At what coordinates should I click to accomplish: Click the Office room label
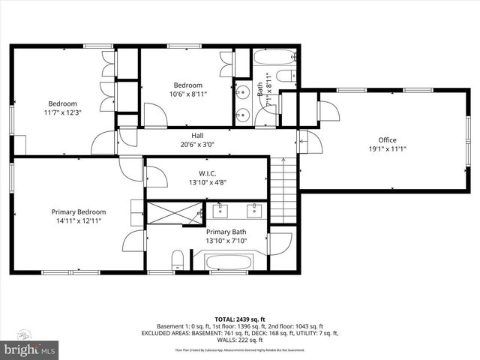387,139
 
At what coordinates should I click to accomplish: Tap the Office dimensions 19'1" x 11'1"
387,149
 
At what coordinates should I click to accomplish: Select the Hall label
197,136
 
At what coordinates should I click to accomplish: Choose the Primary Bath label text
226,232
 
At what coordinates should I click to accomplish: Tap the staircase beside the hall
283,190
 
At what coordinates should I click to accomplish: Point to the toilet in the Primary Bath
177,261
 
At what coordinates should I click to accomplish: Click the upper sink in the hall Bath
241,92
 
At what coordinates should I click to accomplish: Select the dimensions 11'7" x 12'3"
63,112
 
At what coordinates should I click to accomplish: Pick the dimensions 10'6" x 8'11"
188,94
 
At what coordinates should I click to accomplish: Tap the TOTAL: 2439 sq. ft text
240,319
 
